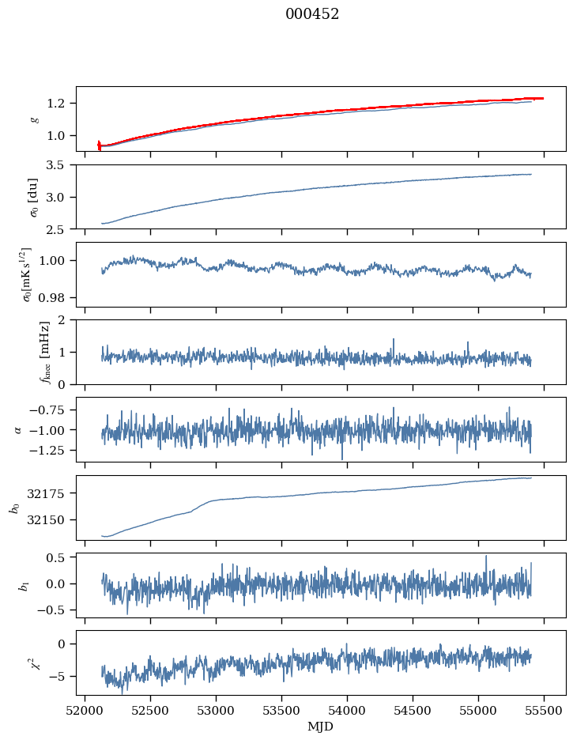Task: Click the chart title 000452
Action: coord(312,14)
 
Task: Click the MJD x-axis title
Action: coord(321,726)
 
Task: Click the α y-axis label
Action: coord(17,429)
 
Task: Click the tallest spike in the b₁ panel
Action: coord(486,556)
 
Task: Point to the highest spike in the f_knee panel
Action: coord(394,339)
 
